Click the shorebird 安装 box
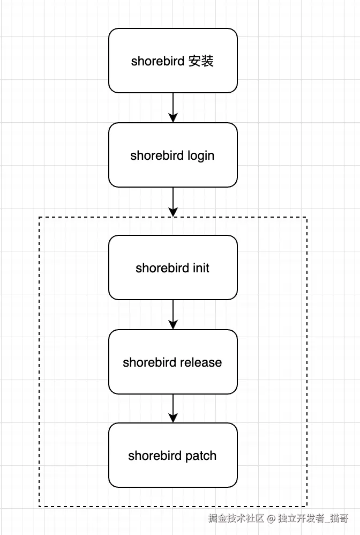pos(172,61)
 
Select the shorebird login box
pos(172,155)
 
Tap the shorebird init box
pos(172,267)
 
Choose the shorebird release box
pos(172,362)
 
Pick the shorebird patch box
pos(172,455)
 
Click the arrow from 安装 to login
pos(172,108)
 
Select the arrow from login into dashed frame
pos(172,202)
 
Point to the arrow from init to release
pos(172,315)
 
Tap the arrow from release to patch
pos(172,408)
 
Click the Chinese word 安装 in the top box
pos(201,61)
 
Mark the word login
pos(201,156)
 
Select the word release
pos(202,362)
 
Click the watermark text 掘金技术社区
pos(236,518)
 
